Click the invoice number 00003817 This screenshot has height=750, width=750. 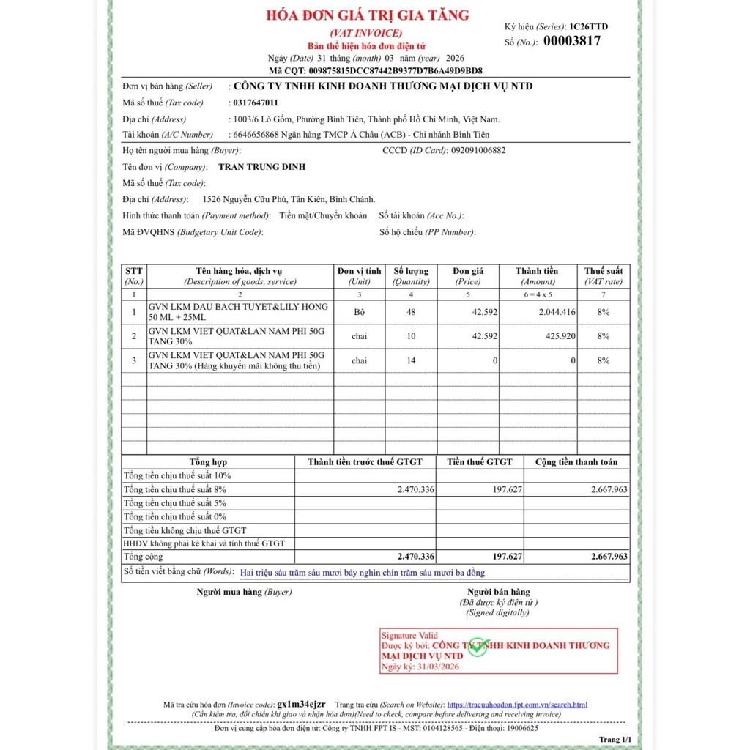tap(571, 41)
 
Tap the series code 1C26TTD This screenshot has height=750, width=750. tap(588, 26)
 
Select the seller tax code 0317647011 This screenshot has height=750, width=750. tap(253, 103)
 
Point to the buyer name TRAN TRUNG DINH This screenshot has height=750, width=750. tap(262, 167)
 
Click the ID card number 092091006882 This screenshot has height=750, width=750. tap(478, 150)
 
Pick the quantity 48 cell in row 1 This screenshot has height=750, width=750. tap(411, 312)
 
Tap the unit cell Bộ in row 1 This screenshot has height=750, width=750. tap(359, 312)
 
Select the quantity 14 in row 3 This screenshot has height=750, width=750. tap(411, 360)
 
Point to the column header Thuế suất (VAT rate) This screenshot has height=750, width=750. tap(604, 276)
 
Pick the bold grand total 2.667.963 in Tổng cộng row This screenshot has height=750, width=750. tap(609, 557)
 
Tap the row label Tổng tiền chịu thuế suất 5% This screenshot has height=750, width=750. tap(175, 503)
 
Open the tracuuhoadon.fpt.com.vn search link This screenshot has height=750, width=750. tap(516, 705)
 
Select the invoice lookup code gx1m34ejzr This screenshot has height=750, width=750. tap(306, 704)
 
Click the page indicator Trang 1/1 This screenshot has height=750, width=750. tap(615, 739)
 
